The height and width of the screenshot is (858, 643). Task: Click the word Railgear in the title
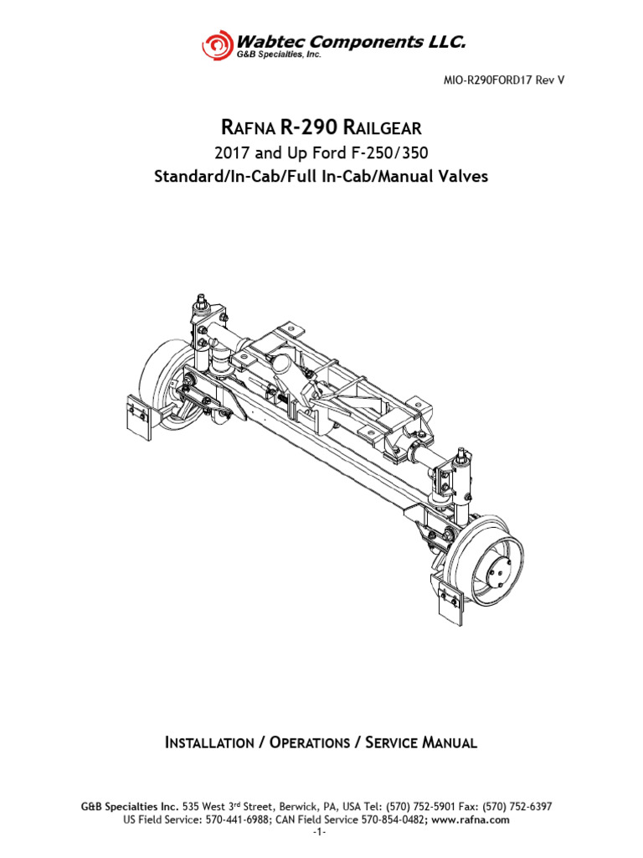386,128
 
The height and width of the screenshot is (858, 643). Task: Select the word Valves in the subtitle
460,178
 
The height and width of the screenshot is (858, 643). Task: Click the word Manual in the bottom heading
448,742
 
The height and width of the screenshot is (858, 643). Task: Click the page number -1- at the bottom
321,834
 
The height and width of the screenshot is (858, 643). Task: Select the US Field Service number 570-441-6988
221,820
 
